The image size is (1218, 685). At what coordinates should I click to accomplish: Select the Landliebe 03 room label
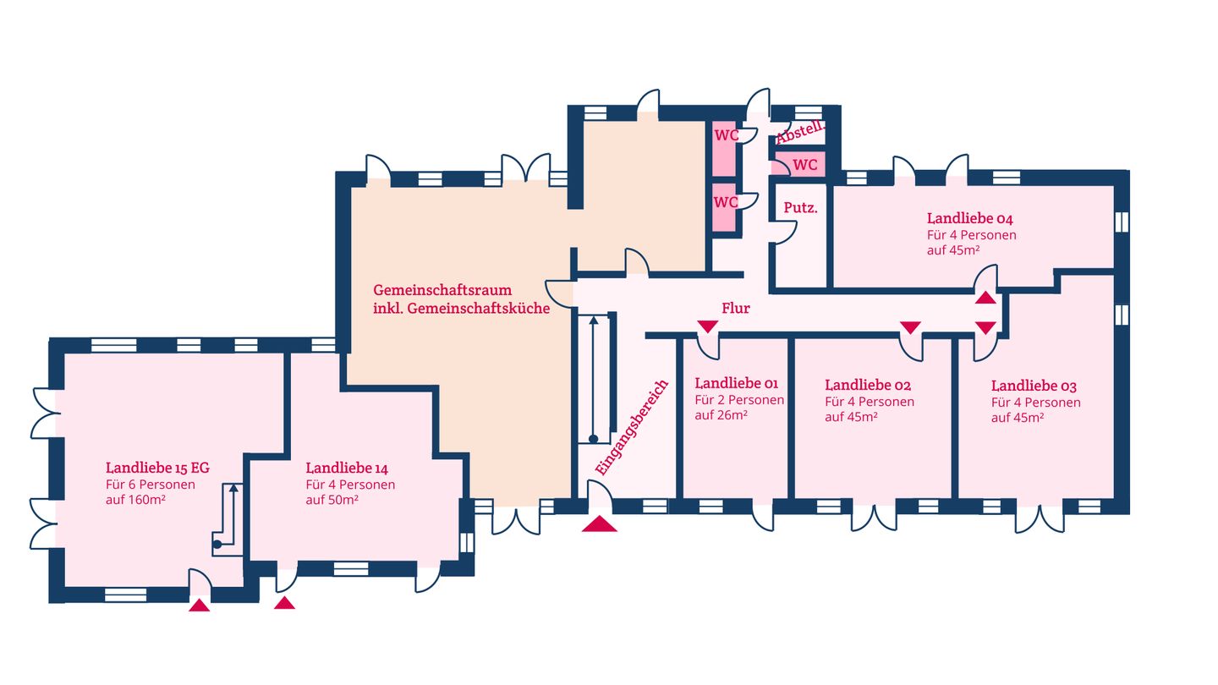1034,386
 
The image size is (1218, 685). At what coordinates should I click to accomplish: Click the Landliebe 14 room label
347,468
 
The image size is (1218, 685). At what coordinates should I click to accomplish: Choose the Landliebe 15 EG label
157,467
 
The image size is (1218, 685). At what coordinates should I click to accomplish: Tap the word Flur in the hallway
735,309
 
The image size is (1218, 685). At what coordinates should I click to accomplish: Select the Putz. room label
800,207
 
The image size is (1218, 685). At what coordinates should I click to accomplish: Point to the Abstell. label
799,133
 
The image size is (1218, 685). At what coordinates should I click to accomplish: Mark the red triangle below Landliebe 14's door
285,603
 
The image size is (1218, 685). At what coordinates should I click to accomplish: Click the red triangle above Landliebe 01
707,326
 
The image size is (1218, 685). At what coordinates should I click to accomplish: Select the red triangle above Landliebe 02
910,326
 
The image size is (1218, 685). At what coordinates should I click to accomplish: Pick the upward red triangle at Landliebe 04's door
985,297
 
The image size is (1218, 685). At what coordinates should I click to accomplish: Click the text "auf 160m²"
134,501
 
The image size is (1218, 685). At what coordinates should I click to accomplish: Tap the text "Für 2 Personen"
739,400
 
